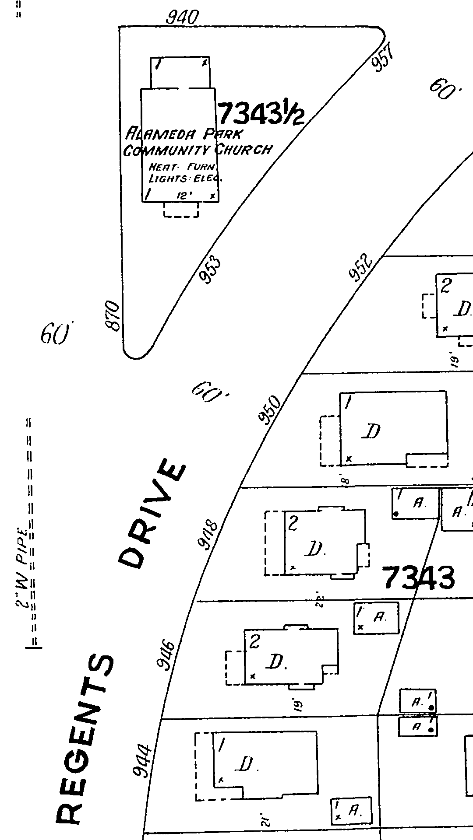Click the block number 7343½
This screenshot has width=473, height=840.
click(261, 113)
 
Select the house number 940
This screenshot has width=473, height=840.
click(182, 18)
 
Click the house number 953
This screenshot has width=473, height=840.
click(210, 271)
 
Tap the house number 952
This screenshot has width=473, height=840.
click(361, 268)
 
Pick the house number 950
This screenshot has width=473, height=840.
click(269, 409)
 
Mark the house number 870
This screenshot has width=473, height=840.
click(113, 316)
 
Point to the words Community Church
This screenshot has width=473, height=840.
click(197, 150)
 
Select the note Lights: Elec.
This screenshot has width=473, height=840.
click(186, 178)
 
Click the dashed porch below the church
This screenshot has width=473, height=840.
click(181, 210)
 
